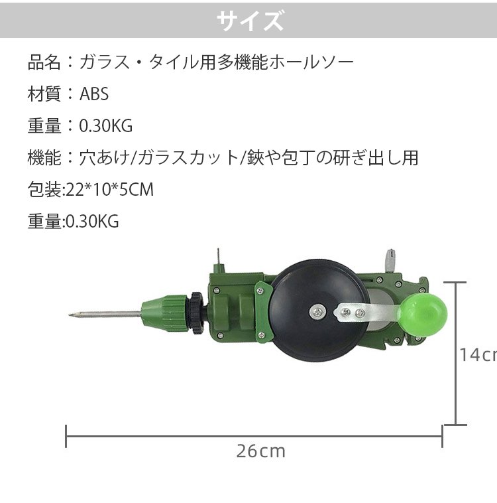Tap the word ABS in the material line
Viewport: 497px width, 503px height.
[94, 94]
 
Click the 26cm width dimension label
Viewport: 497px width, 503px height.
[261, 451]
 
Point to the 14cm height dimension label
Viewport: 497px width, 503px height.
[478, 355]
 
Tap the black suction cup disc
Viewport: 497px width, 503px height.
[317, 311]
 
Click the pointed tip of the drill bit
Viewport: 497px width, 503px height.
[70, 316]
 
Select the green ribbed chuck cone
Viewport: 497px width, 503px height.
[164, 315]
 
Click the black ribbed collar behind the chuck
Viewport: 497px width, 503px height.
[196, 313]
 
